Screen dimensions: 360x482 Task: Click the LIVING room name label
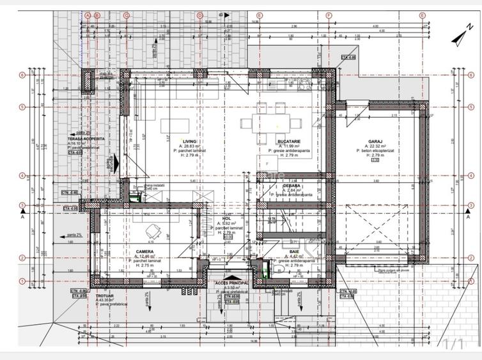[190, 141]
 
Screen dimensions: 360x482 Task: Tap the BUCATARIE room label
[290, 141]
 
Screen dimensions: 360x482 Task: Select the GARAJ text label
[375, 141]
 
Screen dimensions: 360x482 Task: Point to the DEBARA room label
[292, 185]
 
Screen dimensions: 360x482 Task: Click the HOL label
[226, 218]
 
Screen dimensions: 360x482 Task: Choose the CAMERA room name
[144, 251]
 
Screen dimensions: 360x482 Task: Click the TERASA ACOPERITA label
[86, 139]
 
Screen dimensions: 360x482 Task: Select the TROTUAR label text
[104, 295]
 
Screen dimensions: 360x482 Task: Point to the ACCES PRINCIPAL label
[231, 282]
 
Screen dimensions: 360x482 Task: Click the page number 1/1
[453, 345]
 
